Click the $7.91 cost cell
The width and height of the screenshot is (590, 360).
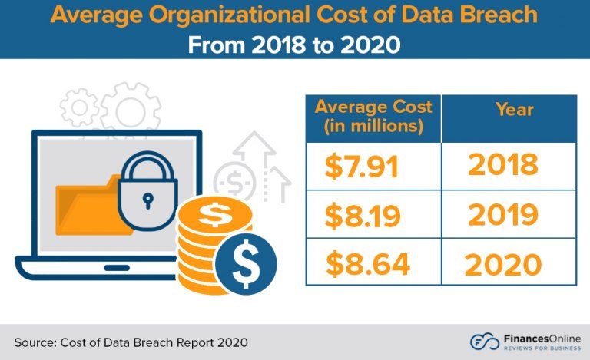(x=361, y=167)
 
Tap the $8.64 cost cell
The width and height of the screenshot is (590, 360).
(x=367, y=263)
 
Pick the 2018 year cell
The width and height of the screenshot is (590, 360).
(x=503, y=166)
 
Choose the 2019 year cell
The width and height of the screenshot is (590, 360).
(x=503, y=216)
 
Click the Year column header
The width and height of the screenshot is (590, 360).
(x=514, y=109)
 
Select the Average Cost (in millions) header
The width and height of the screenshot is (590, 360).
(x=373, y=117)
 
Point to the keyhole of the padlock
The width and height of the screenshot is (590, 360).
(x=148, y=200)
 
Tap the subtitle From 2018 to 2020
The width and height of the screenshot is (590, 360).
(x=295, y=44)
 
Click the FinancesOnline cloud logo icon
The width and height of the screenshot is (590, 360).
(x=482, y=341)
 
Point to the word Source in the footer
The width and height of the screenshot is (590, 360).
(x=35, y=342)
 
